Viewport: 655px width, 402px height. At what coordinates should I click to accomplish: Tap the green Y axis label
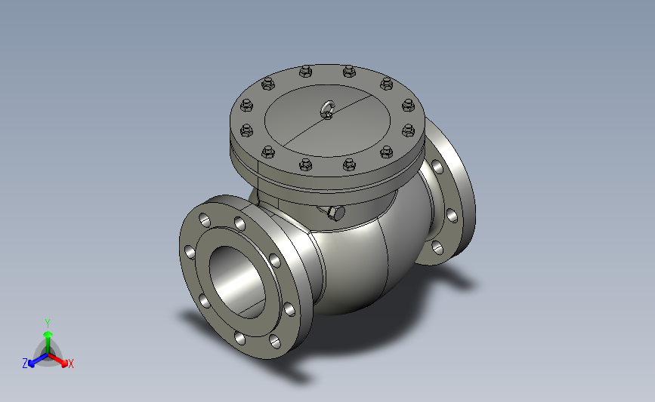pos(48,324)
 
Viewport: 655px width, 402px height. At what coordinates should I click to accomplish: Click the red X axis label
pos(71,364)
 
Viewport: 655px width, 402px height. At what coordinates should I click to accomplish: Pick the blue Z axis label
pos(25,364)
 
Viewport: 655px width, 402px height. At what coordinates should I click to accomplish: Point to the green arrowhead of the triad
pos(48,334)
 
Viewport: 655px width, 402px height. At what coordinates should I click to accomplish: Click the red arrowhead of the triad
pos(64,364)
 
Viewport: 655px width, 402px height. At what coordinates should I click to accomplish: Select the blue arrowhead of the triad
pos(31,364)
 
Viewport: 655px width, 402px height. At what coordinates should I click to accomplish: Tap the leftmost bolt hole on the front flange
pos(189,253)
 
